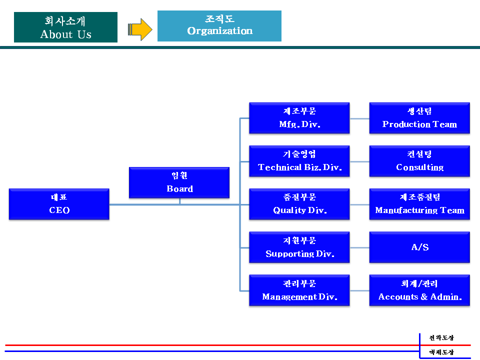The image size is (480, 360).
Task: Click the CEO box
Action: pos(59,204)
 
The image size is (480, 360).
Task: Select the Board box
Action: pos(179,183)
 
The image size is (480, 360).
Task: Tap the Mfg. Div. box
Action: pos(299,118)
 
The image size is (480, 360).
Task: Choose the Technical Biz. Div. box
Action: pos(299,161)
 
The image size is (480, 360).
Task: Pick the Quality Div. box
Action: pos(299,204)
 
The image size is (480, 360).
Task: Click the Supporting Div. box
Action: pos(299,247)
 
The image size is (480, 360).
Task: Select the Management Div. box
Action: pos(299,290)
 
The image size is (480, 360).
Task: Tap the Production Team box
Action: pos(419,118)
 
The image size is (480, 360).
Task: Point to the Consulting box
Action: pos(419,161)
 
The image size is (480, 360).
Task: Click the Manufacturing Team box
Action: pos(419,204)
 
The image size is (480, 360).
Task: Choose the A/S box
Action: pos(419,247)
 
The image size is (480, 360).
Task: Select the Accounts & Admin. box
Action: pos(419,290)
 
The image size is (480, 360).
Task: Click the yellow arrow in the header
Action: pos(140,29)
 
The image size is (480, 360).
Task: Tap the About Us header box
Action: pos(65,27)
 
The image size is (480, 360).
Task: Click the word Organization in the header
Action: pos(220,31)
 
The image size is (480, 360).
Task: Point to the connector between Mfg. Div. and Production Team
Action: pos(359,118)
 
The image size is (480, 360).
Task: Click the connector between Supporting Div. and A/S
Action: pos(359,247)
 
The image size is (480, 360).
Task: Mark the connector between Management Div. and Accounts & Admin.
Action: pos(359,291)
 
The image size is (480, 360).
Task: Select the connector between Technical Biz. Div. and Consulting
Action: pos(359,161)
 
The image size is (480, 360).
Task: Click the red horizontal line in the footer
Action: pos(238,345)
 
